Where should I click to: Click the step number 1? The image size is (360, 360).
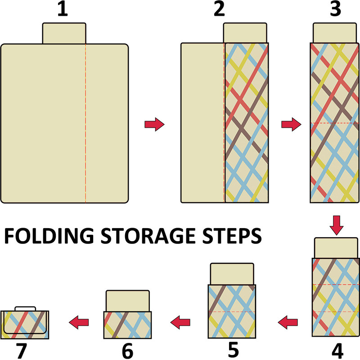coord(63,9)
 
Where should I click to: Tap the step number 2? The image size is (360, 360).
coord(219,9)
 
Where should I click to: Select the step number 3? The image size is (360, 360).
coord(335,9)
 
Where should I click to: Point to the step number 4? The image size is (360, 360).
coord(337,351)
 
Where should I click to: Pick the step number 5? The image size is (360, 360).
coord(233,350)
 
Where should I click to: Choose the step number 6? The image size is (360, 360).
coord(127,351)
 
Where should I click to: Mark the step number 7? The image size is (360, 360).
coord(21,351)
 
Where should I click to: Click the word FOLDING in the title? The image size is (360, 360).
coord(49,236)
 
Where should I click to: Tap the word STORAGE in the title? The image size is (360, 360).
coord(148,236)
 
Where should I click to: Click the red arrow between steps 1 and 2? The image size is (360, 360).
coord(154,125)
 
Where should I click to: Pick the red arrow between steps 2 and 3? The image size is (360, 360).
coord(291,125)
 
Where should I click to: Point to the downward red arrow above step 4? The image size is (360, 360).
coord(336,225)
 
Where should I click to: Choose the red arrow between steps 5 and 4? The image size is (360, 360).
coord(288,322)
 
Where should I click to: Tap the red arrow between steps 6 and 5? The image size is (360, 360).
coord(180,322)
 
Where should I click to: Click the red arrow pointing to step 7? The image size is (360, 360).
coord(79,322)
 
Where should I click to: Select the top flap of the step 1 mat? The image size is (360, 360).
coord(64,33)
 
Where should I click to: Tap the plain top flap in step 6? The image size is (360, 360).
coord(128,301)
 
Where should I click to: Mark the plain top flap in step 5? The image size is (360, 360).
coord(232,274)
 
